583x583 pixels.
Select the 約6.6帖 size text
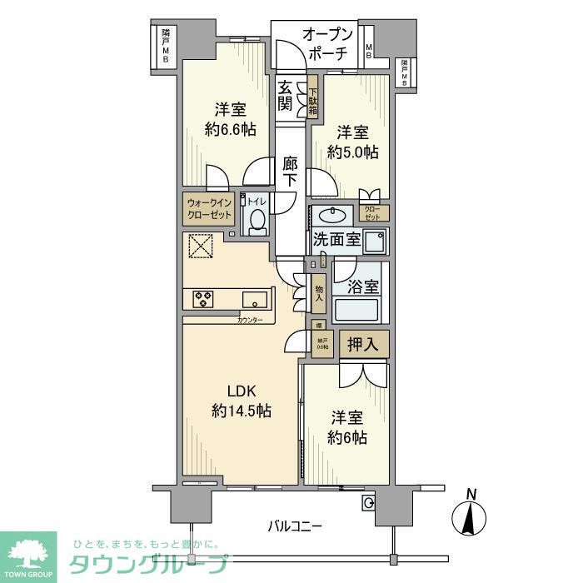pos(230,129)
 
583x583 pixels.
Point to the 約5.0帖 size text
pos(352,152)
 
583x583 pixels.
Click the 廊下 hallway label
pos(289,172)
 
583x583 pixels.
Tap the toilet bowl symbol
pos(257,222)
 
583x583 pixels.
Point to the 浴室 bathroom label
pos(362,287)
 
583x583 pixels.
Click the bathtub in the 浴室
pos(356,311)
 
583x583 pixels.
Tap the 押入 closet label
pos(363,343)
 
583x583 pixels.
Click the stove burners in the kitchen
pos(204,297)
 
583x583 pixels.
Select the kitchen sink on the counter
pos(255,298)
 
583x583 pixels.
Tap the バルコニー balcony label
pos(294,526)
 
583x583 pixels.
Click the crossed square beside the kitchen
pos(201,246)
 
